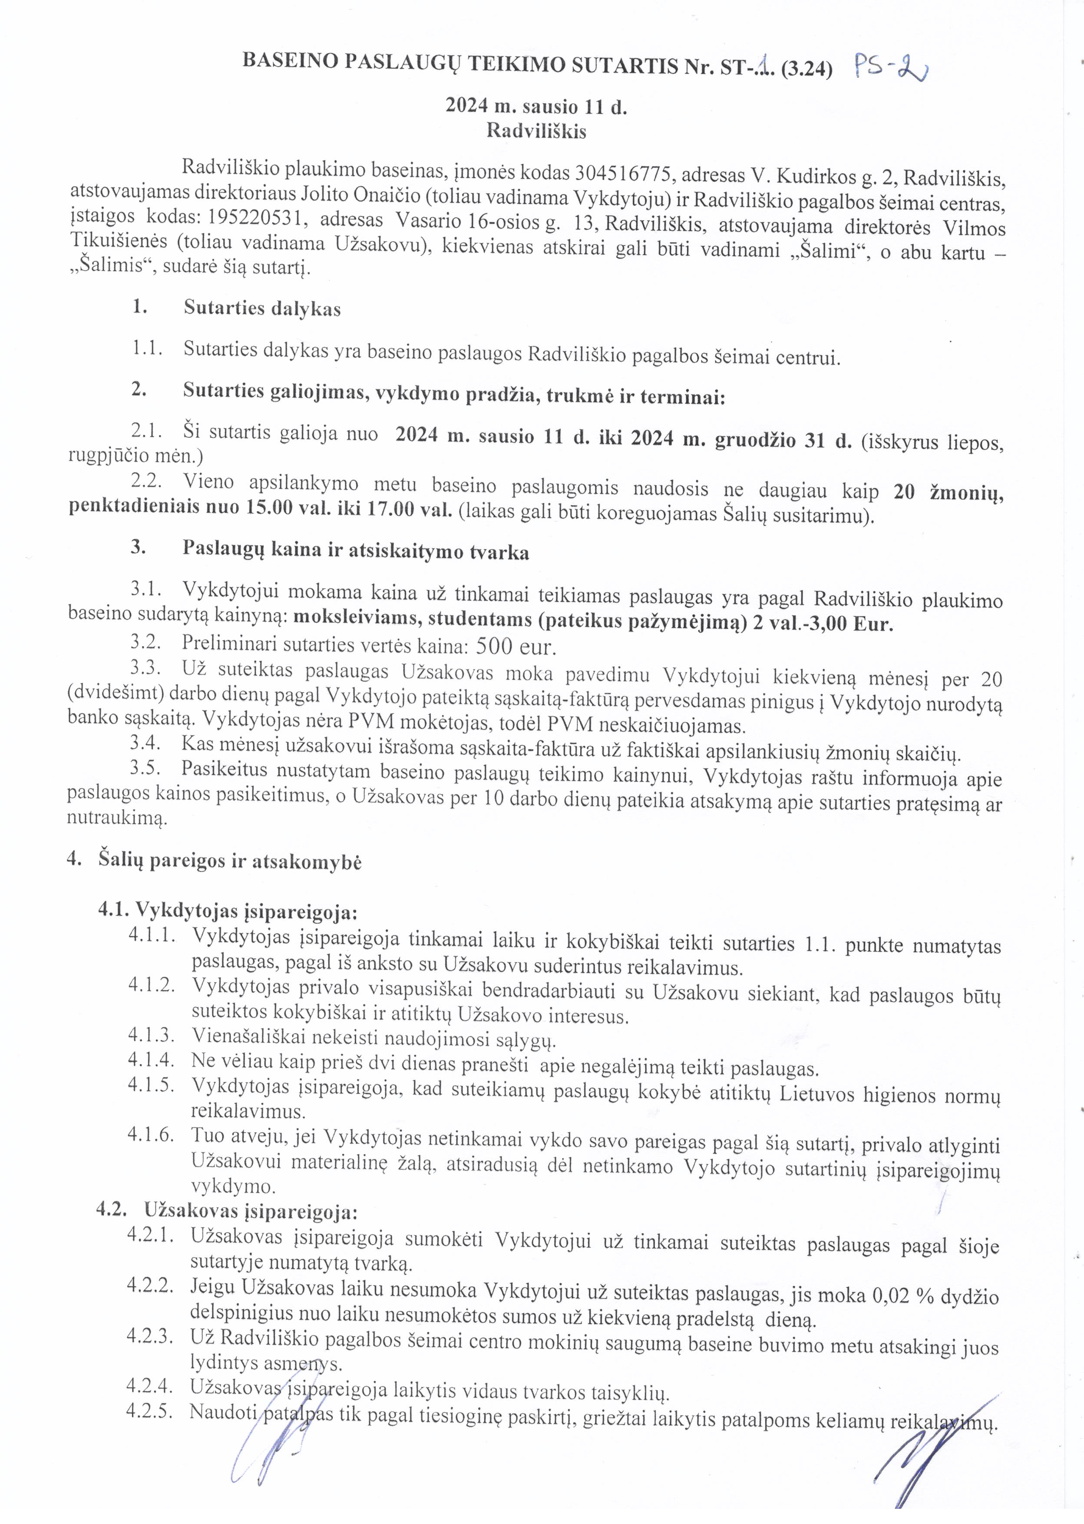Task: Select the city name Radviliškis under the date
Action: click(x=536, y=130)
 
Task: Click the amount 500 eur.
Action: click(x=516, y=647)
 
